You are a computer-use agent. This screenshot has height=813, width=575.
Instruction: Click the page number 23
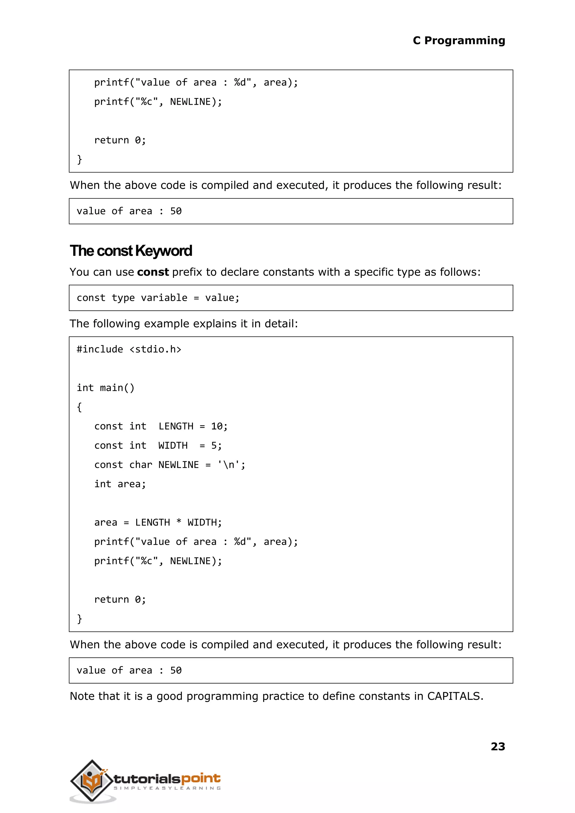click(498, 746)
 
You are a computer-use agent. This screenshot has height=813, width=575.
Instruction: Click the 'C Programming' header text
click(458, 41)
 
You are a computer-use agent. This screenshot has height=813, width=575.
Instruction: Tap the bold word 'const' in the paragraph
click(153, 272)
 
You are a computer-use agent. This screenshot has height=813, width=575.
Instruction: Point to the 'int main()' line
click(106, 388)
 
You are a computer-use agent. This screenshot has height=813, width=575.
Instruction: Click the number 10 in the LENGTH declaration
click(217, 426)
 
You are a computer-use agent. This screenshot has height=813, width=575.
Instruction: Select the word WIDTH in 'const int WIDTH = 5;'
click(173, 445)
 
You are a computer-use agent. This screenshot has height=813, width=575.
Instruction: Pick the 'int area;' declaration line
click(120, 484)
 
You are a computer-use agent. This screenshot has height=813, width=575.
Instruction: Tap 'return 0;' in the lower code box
click(120, 599)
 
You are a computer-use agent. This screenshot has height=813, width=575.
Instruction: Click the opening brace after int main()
click(79, 407)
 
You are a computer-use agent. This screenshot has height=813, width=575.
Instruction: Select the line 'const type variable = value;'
click(158, 298)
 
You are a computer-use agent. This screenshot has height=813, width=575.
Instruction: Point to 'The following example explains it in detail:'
click(183, 324)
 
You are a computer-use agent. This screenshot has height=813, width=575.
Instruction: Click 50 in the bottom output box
click(176, 670)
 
